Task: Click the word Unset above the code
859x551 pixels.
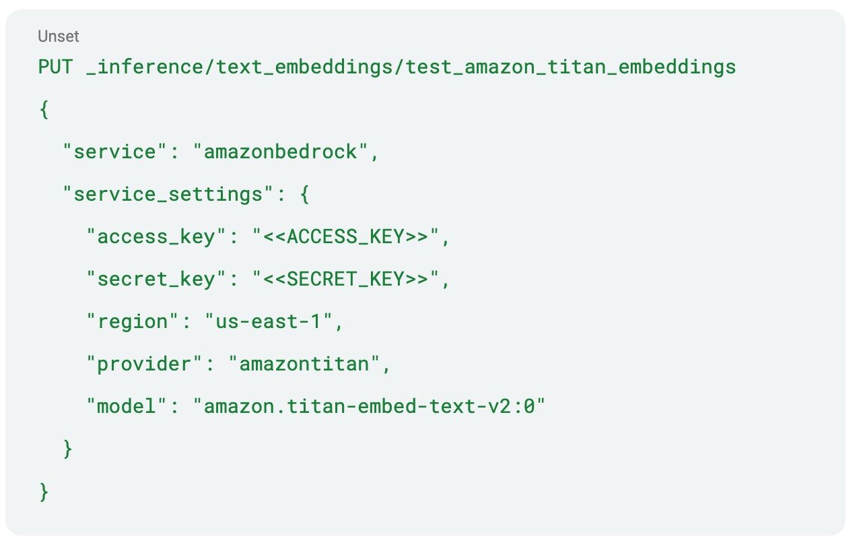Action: pos(58,36)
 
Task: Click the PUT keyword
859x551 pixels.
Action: pos(56,67)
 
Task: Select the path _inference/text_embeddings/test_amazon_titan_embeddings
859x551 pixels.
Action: pos(411,67)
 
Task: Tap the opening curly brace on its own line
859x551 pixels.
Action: pos(44,110)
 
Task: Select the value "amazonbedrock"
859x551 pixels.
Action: pos(281,152)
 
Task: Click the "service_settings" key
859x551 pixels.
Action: pos(168,195)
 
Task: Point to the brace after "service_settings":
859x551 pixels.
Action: pos(304,195)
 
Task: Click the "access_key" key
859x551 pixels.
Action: pos(157,237)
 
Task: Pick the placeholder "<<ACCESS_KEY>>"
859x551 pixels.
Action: pos(347,237)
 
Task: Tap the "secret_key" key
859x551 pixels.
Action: pos(157,280)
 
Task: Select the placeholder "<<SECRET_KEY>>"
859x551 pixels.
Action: pos(347,280)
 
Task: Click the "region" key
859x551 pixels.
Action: pos(133,322)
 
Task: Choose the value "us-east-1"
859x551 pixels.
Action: pos(269,322)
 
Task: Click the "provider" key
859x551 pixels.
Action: pos(145,364)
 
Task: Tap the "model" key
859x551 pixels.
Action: pos(127,407)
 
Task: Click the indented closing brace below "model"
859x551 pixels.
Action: pos(67,449)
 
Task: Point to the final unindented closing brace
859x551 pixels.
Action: pos(44,491)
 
